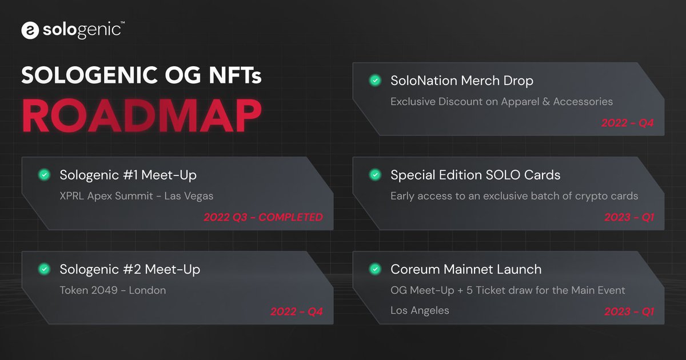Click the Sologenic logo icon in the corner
point(30,30)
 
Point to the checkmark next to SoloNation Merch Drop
point(375,81)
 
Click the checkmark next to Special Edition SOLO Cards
point(375,175)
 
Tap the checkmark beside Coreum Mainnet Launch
point(375,269)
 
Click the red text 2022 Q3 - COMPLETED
point(263,217)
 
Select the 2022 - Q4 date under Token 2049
point(296,311)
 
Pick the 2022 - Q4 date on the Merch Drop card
point(627,123)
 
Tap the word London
point(147,290)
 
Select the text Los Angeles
point(420,311)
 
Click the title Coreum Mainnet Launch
point(466,269)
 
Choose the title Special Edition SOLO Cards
point(475,175)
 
